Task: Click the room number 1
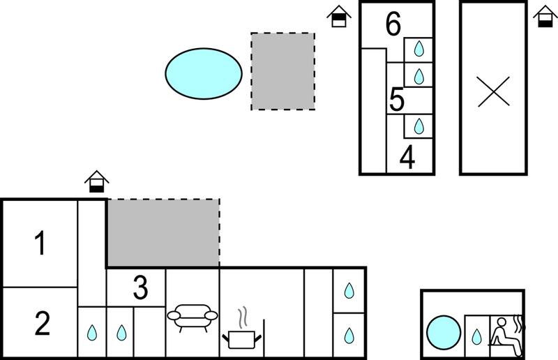(x=40, y=243)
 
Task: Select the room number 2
(x=43, y=323)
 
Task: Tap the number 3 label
(x=141, y=287)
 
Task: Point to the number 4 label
(x=407, y=157)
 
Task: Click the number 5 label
(x=397, y=100)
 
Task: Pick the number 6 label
(x=393, y=24)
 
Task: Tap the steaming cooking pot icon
(x=242, y=329)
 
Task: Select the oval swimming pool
(x=204, y=74)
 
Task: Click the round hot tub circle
(x=444, y=333)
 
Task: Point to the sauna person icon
(x=507, y=336)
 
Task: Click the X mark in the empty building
(x=494, y=91)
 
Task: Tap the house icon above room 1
(x=96, y=181)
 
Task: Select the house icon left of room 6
(x=339, y=16)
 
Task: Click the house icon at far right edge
(x=545, y=16)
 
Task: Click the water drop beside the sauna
(x=476, y=337)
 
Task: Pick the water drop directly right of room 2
(x=92, y=333)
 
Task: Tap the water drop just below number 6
(x=419, y=49)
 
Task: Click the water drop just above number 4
(x=419, y=126)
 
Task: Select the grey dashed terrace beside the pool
(x=283, y=72)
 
